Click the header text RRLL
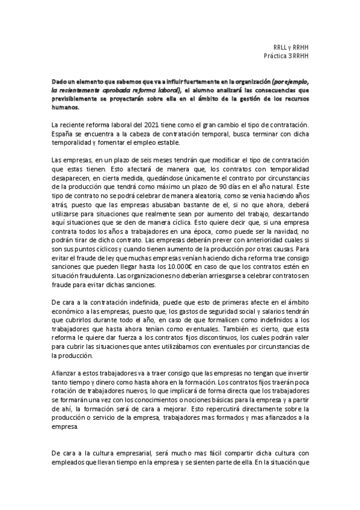click(x=280, y=47)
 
